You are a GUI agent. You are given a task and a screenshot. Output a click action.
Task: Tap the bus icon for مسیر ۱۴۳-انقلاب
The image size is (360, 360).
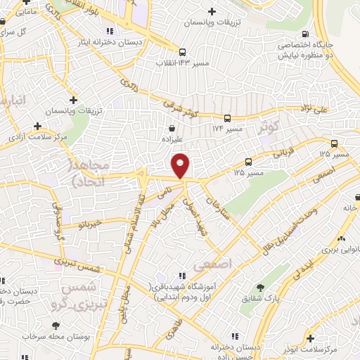point(181,52)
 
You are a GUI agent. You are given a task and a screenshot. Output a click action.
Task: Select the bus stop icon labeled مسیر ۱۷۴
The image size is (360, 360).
point(228,119)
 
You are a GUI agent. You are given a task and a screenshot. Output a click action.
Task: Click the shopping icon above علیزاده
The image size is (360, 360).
point(173,129)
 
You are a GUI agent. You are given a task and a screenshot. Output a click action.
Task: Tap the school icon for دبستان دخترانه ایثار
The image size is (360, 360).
point(108,31)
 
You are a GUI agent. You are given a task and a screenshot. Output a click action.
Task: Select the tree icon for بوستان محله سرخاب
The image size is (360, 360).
point(56,326)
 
